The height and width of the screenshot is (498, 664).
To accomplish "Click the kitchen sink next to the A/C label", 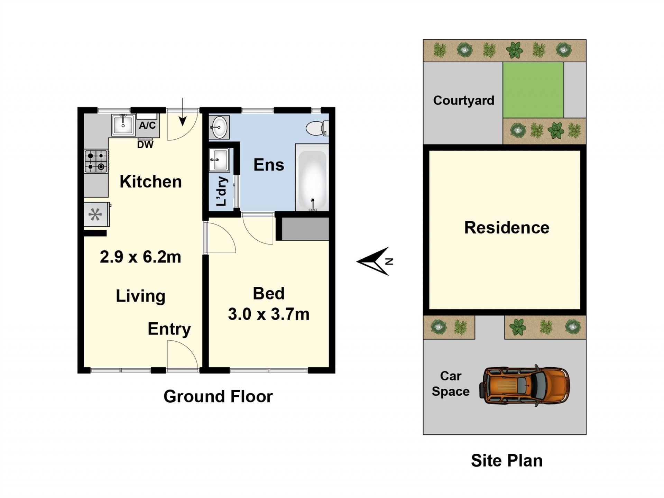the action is (123, 124).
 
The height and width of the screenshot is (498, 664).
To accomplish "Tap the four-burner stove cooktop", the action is (96, 161).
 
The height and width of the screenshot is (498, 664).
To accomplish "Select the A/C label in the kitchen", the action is (147, 126).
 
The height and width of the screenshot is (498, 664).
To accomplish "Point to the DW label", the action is (145, 145).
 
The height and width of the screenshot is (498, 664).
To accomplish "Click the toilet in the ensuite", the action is (317, 128).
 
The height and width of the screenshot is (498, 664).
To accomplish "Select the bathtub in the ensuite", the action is (312, 178).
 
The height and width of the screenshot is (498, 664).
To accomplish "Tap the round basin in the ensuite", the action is (219, 127).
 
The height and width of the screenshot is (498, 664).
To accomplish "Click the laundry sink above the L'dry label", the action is (219, 160).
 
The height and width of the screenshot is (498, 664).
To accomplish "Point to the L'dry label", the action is (221, 191).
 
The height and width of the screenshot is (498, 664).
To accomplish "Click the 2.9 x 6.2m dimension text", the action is (140, 257).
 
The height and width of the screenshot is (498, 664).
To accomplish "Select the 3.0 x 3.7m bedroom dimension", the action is (269, 314).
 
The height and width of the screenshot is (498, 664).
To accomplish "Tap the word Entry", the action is (169, 329).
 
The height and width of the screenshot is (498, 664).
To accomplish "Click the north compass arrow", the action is (375, 261).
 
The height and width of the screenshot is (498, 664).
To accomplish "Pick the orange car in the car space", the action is (524, 386).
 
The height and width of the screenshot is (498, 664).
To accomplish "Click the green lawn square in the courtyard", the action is (533, 90).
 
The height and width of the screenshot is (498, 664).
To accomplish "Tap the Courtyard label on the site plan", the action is (464, 101).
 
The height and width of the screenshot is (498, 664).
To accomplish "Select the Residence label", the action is (507, 228).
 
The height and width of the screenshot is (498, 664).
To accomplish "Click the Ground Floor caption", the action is (218, 396).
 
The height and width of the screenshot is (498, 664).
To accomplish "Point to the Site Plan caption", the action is (507, 461).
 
